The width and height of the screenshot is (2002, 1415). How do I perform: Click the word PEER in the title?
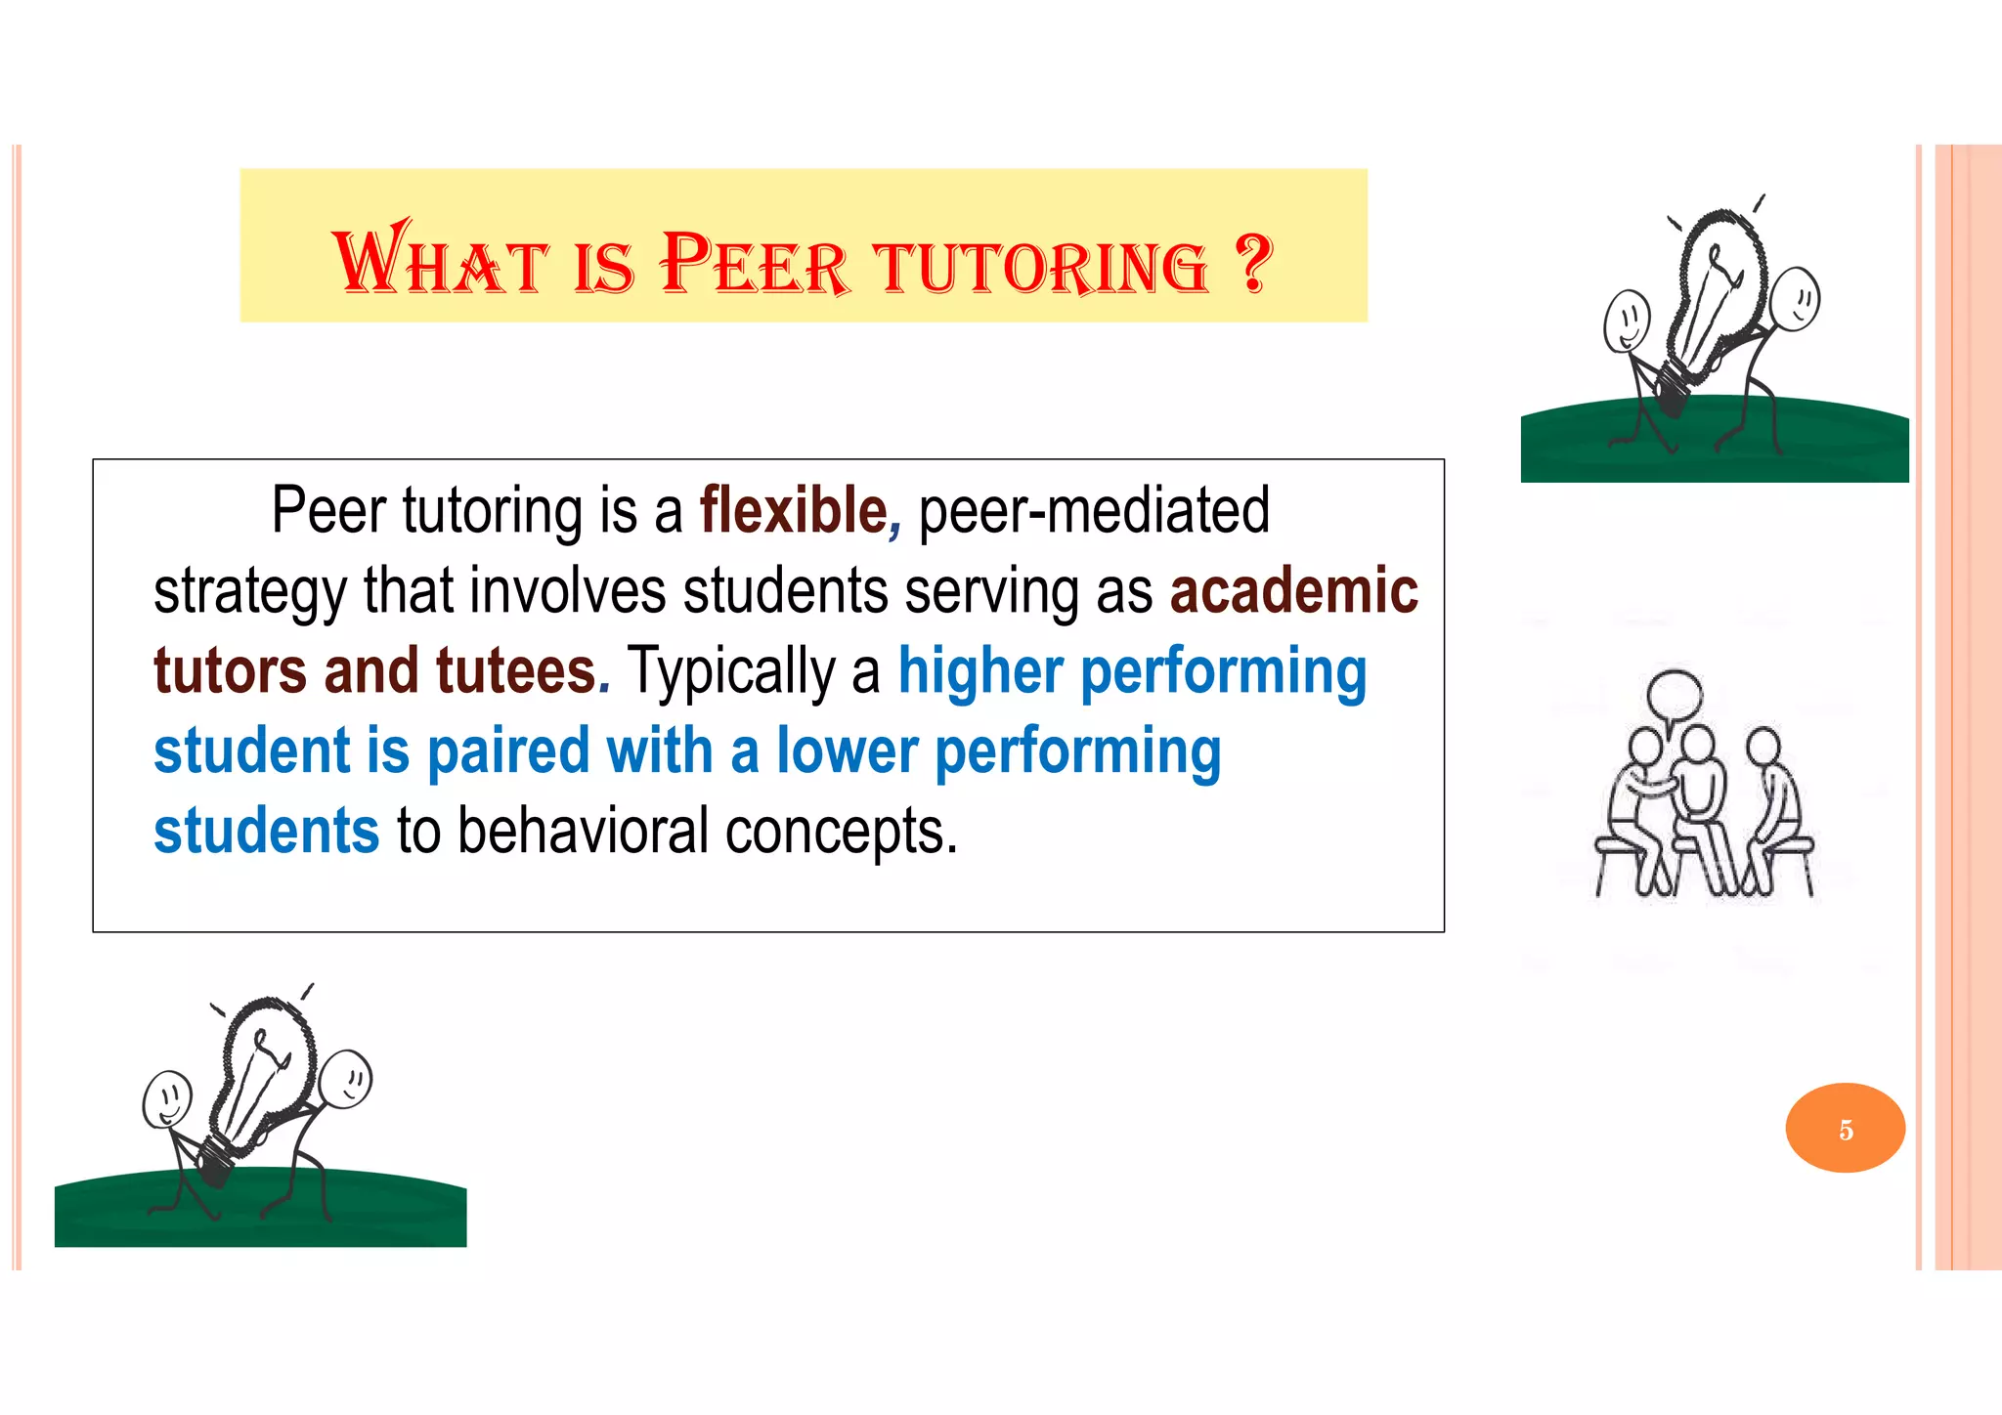(755, 264)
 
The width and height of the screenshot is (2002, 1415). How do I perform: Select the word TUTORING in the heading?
(1041, 266)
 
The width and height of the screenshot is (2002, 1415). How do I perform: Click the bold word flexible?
(793, 510)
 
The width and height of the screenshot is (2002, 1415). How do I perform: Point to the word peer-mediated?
(1094, 510)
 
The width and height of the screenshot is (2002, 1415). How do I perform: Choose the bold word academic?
(1293, 591)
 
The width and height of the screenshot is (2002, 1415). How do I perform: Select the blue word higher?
(979, 671)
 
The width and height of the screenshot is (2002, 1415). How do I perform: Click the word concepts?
(841, 834)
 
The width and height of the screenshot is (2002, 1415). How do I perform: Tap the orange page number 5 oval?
(1845, 1129)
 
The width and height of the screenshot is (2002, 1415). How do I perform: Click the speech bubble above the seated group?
(1675, 697)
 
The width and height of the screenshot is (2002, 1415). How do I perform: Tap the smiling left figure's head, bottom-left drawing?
(167, 1098)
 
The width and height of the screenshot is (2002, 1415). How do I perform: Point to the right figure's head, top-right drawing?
(1795, 299)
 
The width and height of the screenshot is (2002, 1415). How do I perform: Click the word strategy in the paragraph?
(250, 593)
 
